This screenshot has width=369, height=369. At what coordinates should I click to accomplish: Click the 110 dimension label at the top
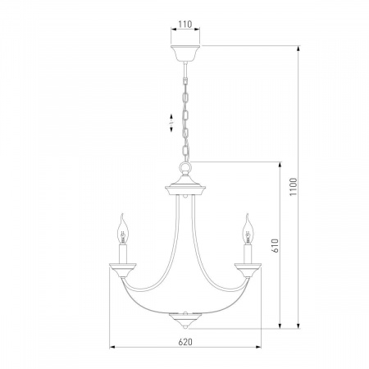(x=185, y=25)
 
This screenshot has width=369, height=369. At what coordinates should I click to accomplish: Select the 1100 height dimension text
(x=294, y=187)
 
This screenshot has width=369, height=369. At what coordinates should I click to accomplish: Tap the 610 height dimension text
(x=276, y=245)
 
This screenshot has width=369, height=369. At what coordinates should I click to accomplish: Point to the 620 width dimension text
(x=185, y=342)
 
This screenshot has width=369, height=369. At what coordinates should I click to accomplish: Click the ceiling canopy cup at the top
(x=185, y=53)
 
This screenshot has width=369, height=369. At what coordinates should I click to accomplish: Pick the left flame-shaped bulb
(x=123, y=229)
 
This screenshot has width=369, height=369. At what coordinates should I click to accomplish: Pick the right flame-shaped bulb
(x=248, y=229)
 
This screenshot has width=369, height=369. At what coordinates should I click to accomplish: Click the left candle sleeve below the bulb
(x=123, y=254)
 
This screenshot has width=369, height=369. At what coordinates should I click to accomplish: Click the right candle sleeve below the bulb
(x=248, y=254)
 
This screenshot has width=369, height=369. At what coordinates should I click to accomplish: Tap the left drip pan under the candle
(x=123, y=270)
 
